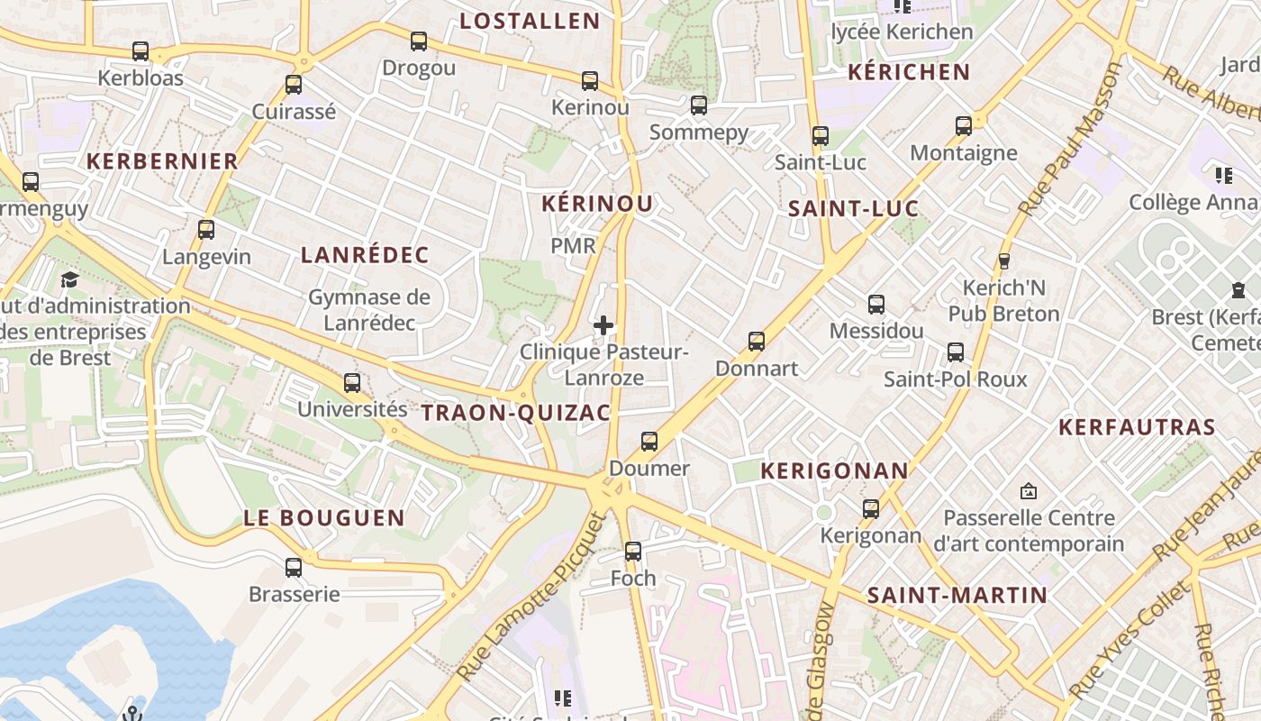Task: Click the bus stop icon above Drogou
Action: [x=419, y=41]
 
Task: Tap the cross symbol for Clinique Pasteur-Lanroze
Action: [x=603, y=325]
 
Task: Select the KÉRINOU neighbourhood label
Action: [x=597, y=204]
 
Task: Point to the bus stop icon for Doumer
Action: [x=649, y=442]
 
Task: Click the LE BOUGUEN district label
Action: [x=324, y=518]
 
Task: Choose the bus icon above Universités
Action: [x=352, y=383]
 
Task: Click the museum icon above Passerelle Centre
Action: [x=1029, y=491]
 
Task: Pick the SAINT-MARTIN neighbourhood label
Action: [x=957, y=595]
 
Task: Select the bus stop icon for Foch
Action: [x=633, y=551]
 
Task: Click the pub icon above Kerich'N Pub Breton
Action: [x=1004, y=261]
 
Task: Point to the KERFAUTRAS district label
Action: [x=1137, y=427]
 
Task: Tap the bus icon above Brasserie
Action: [x=294, y=568]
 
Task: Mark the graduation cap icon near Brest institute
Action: [x=69, y=280]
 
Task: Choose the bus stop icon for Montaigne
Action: [x=964, y=126]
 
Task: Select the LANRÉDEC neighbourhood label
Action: [x=365, y=255]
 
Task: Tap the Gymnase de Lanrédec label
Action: [x=369, y=309]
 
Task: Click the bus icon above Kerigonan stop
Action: [x=871, y=509]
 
